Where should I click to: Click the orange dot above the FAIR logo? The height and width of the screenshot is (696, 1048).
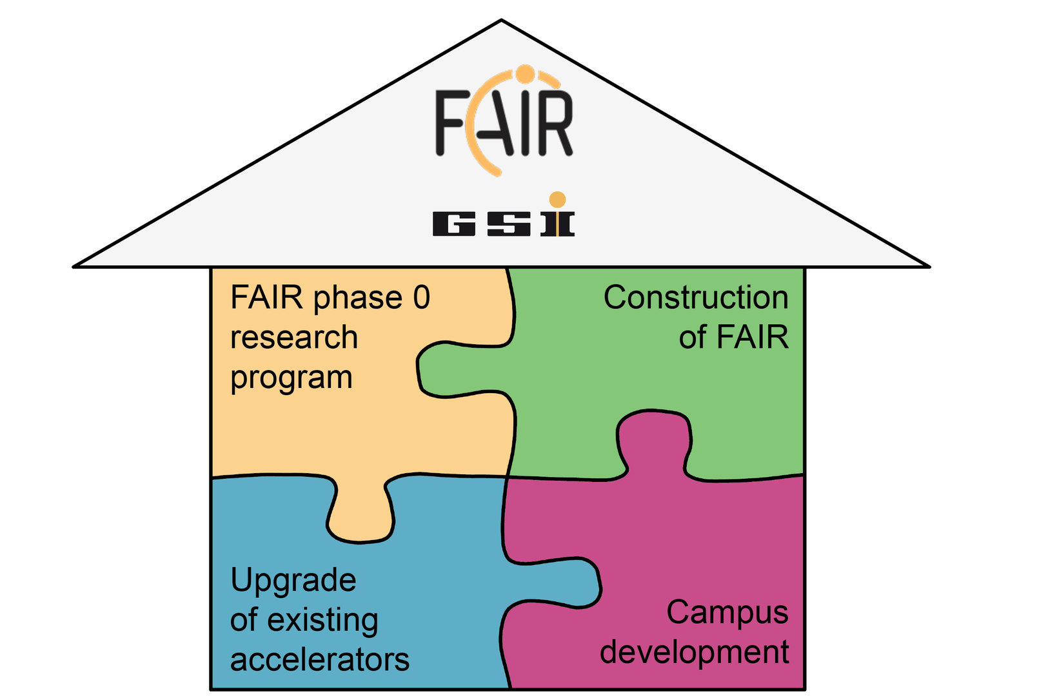pyautogui.click(x=526, y=73)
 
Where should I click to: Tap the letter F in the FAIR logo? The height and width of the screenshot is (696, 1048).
pyautogui.click(x=452, y=122)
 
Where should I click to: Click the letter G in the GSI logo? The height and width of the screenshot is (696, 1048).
pyautogui.click(x=454, y=224)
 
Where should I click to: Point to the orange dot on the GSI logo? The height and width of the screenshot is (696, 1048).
pyautogui.click(x=557, y=199)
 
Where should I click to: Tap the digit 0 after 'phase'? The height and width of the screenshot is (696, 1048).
pyautogui.click(x=421, y=298)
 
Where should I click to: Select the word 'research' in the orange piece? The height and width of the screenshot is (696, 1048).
pyautogui.click(x=293, y=338)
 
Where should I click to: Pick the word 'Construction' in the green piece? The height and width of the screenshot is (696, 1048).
pyautogui.click(x=695, y=298)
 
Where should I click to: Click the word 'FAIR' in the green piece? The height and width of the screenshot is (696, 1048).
pyautogui.click(x=752, y=338)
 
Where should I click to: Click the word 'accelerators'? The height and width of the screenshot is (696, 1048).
pyautogui.click(x=319, y=660)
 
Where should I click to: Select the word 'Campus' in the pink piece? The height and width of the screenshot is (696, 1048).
pyautogui.click(x=727, y=612)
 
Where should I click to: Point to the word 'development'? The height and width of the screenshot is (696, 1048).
pyautogui.click(x=694, y=652)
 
